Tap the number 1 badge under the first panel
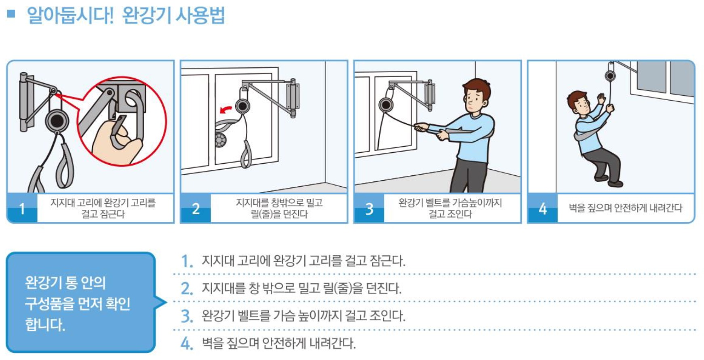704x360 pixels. (22, 208)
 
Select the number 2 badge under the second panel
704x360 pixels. (196, 208)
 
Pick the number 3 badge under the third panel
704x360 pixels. (369, 208)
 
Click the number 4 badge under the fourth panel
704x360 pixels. (543, 208)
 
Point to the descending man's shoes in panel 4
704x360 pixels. (609, 181)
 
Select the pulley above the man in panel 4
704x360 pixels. (610, 75)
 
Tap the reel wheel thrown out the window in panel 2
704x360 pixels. (220, 141)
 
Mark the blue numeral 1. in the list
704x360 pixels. (187, 261)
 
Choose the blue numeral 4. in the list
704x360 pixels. (187, 343)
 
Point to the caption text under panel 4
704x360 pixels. (626, 208)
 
